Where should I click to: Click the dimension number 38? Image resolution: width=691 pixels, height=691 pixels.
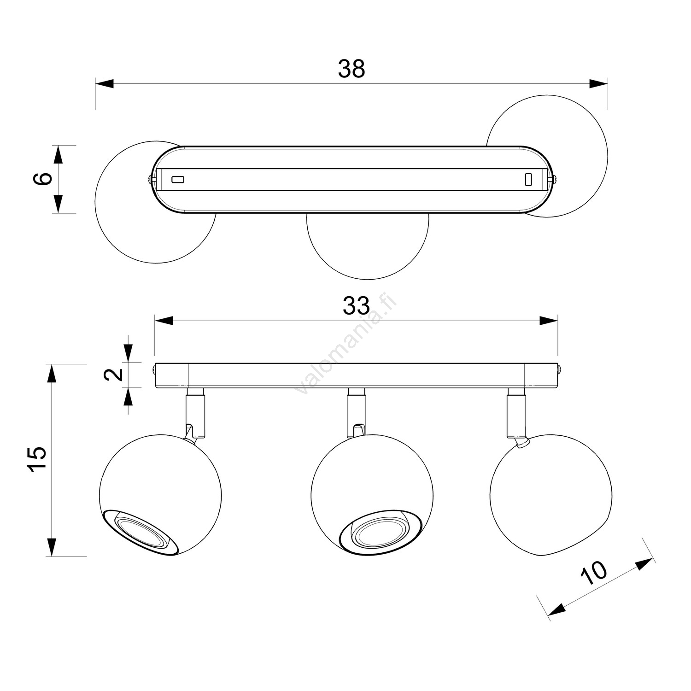(x=351, y=69)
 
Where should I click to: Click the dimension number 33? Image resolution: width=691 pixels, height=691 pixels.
(x=356, y=306)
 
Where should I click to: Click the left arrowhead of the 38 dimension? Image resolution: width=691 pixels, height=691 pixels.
(x=105, y=83)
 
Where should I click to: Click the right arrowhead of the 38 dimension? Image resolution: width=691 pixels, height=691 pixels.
(x=598, y=83)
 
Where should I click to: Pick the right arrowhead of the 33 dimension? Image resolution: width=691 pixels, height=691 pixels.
(x=548, y=321)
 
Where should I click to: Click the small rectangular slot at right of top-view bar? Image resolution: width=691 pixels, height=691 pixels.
(x=528, y=179)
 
